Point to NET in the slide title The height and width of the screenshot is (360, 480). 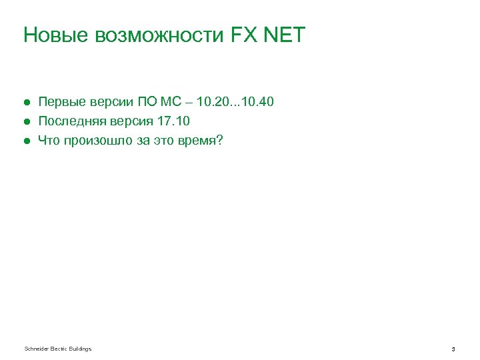(x=285, y=35)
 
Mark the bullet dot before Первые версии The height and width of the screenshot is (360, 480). (x=26, y=103)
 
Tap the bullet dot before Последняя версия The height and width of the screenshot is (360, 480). (x=26, y=121)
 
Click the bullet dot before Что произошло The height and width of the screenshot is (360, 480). (x=26, y=141)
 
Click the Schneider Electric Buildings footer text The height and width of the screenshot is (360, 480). (x=57, y=349)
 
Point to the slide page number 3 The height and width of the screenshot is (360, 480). (x=453, y=349)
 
